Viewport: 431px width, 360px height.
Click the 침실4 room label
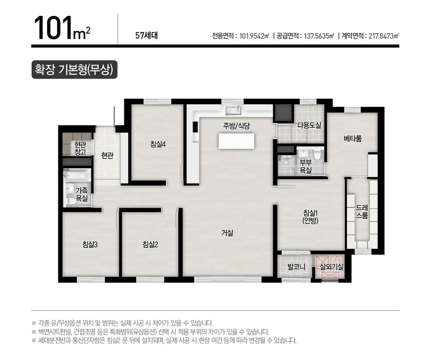tap(158, 144)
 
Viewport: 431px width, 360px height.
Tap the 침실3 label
tap(90, 244)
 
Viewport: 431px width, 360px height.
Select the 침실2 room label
tap(150, 244)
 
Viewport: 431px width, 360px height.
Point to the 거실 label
tap(227, 233)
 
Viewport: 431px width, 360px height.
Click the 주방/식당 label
tap(236, 126)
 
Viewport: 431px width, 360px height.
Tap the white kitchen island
tap(236, 141)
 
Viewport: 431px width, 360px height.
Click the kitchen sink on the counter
tap(233, 110)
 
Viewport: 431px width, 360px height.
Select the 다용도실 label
tap(309, 125)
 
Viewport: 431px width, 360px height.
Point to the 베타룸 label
tap(353, 138)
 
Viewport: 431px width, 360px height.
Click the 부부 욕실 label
tap(306, 166)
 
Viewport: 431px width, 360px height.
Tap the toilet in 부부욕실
tap(318, 155)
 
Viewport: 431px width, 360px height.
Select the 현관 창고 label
tap(80, 148)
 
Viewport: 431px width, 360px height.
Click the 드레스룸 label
tap(362, 211)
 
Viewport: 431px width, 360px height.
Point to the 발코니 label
tap(296, 267)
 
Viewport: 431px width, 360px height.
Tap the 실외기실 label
tap(332, 266)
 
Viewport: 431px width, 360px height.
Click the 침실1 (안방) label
tap(310, 216)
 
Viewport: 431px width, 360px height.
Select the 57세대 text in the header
tap(147, 35)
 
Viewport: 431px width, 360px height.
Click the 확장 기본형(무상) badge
tap(74, 69)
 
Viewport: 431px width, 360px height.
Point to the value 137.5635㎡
tap(319, 36)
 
